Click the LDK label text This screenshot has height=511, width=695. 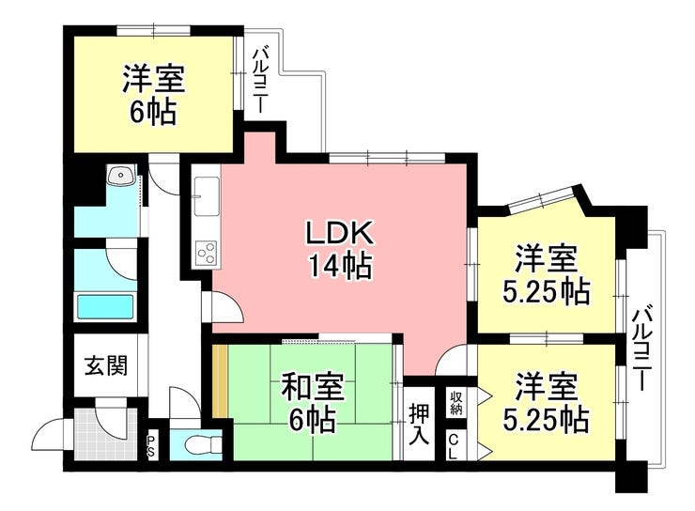(340, 233)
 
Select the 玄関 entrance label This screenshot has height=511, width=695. (106, 365)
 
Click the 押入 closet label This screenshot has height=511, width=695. (419, 424)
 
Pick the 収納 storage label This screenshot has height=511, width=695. (456, 402)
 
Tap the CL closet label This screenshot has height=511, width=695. (454, 446)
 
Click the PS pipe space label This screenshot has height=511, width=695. (151, 445)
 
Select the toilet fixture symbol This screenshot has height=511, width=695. (203, 444)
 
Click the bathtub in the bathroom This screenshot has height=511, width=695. (105, 306)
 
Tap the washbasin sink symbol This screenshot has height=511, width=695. (120, 175)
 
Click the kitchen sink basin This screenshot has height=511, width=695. (207, 195)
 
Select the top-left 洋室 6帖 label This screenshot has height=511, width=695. (153, 94)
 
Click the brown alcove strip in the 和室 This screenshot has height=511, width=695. (220, 380)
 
